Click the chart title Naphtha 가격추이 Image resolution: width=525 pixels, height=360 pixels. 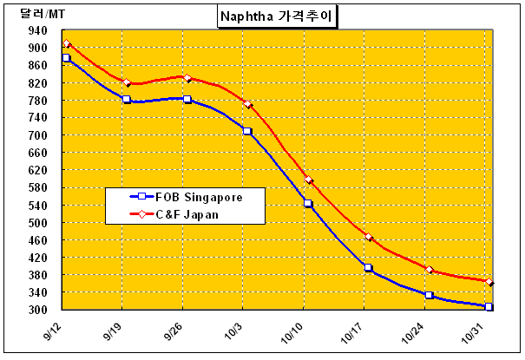point(277,15)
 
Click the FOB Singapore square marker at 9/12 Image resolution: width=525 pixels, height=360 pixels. point(66,58)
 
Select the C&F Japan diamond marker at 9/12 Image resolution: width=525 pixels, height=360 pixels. point(66,44)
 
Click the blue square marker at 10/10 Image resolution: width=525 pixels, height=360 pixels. point(308,203)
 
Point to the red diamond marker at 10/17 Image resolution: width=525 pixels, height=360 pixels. point(369,237)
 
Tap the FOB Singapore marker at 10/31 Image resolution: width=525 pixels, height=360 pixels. point(489,306)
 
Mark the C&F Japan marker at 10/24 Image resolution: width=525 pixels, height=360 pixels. point(429,270)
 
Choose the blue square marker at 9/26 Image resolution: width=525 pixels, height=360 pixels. point(187,99)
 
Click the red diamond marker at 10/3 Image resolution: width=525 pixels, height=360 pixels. point(247,104)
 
